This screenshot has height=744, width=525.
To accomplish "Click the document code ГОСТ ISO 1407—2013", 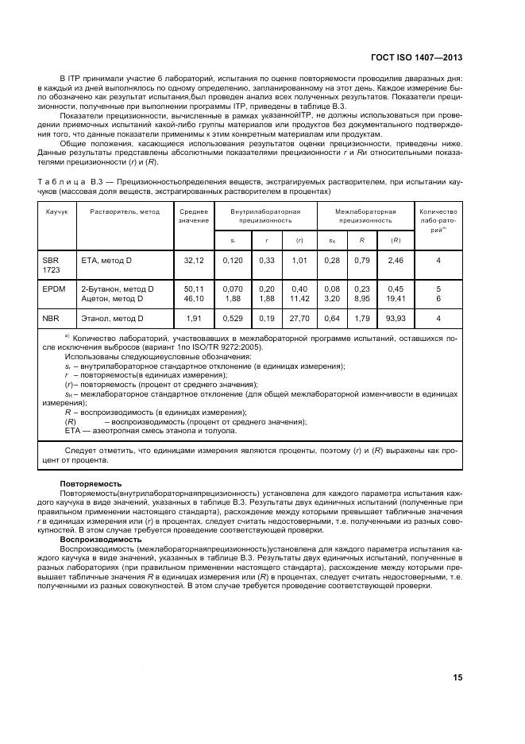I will (x=416, y=58).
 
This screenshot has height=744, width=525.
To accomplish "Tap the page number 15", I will (x=457, y=677).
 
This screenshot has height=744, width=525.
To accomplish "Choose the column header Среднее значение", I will (x=194, y=216).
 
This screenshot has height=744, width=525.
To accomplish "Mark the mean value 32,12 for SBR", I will (x=194, y=260).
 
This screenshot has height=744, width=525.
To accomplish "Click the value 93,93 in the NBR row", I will (x=395, y=319).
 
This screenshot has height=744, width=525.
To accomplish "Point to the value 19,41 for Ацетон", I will (x=395, y=299).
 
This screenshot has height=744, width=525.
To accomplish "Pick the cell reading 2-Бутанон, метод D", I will (x=118, y=289).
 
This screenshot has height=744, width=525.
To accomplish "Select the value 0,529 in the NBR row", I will (x=233, y=319).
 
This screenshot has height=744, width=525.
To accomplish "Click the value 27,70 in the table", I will (x=299, y=319).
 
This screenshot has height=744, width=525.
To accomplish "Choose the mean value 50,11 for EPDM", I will (x=194, y=289).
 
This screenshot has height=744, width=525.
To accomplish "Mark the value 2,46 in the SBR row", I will (x=395, y=260).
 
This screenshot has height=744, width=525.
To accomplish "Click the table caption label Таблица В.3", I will (x=70, y=182).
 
